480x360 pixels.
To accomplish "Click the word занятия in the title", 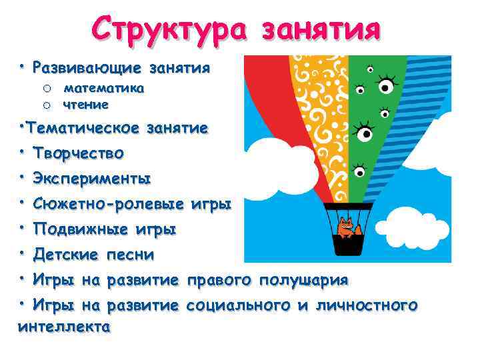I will [x=321, y=29].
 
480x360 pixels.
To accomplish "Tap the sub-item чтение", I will [x=85, y=104].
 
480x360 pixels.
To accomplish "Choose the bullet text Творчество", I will [x=79, y=153].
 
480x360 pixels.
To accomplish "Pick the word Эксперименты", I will [x=92, y=179].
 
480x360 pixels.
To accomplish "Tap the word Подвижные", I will [x=80, y=229].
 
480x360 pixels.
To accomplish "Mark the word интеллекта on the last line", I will [x=64, y=327].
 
